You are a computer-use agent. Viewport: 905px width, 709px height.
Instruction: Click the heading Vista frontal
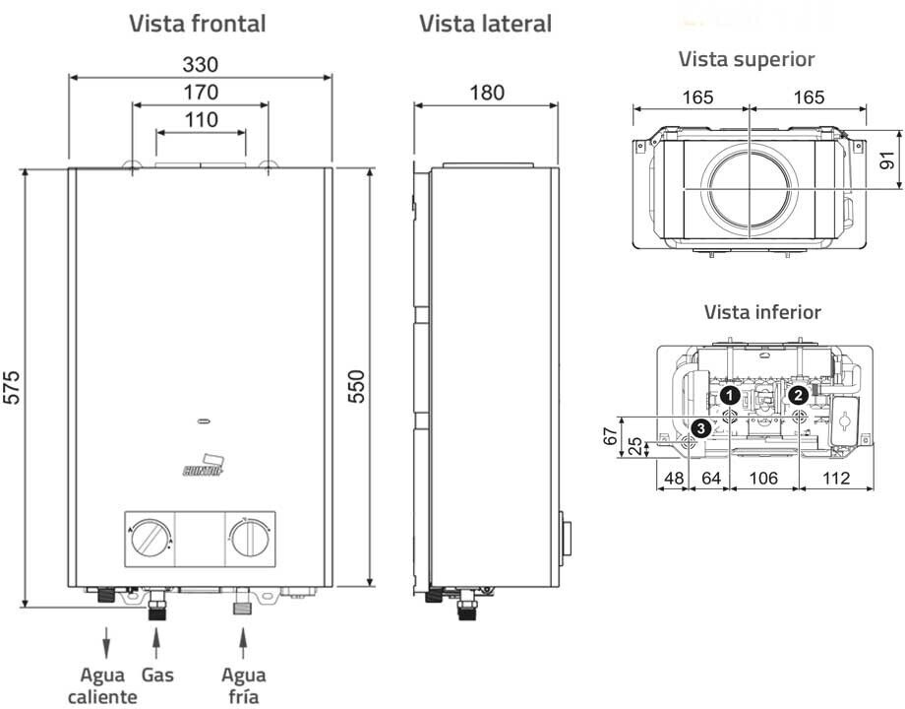coord(198,24)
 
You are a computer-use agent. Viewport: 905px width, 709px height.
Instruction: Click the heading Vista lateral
coord(485,24)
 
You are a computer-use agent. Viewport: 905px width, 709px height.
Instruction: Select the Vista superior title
coord(747,59)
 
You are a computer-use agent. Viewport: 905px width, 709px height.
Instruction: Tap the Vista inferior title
coord(761,312)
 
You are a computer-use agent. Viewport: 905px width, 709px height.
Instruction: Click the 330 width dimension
coord(200,64)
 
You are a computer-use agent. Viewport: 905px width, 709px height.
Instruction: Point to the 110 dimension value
coord(200,119)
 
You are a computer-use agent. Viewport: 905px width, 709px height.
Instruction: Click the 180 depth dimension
coord(486,93)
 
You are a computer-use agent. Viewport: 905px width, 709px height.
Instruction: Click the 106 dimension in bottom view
coord(763,479)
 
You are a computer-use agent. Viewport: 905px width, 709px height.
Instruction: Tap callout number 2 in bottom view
coord(799,394)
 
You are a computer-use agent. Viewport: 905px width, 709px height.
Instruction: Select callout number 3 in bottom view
coord(699,427)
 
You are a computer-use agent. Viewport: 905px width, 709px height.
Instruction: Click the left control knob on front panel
coord(151,539)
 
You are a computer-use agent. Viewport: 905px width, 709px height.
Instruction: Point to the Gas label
coord(157,676)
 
